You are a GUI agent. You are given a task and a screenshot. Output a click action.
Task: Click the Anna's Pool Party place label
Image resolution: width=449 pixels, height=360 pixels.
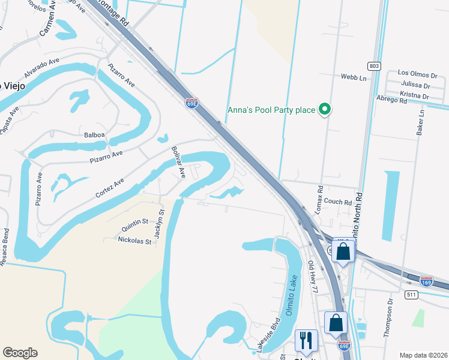[271, 110]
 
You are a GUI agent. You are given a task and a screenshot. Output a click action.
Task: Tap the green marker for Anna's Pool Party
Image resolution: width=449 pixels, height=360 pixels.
[325, 109]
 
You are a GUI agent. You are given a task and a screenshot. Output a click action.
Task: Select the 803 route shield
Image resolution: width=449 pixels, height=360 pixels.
[373, 65]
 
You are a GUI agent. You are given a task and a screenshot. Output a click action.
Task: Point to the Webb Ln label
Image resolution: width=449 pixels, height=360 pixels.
[353, 77]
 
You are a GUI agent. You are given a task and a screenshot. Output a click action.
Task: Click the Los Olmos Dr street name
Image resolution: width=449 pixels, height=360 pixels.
[418, 76]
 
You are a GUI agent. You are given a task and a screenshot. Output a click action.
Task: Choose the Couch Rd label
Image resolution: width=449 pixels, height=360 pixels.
[339, 203]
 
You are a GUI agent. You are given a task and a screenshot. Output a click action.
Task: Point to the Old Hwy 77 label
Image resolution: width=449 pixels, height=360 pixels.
[313, 277]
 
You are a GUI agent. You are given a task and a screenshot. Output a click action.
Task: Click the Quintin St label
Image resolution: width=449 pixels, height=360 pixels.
[135, 225]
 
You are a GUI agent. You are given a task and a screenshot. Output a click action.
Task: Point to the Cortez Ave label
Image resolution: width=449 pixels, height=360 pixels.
[110, 188]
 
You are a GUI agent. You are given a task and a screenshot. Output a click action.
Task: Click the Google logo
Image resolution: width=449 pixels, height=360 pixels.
[20, 353]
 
